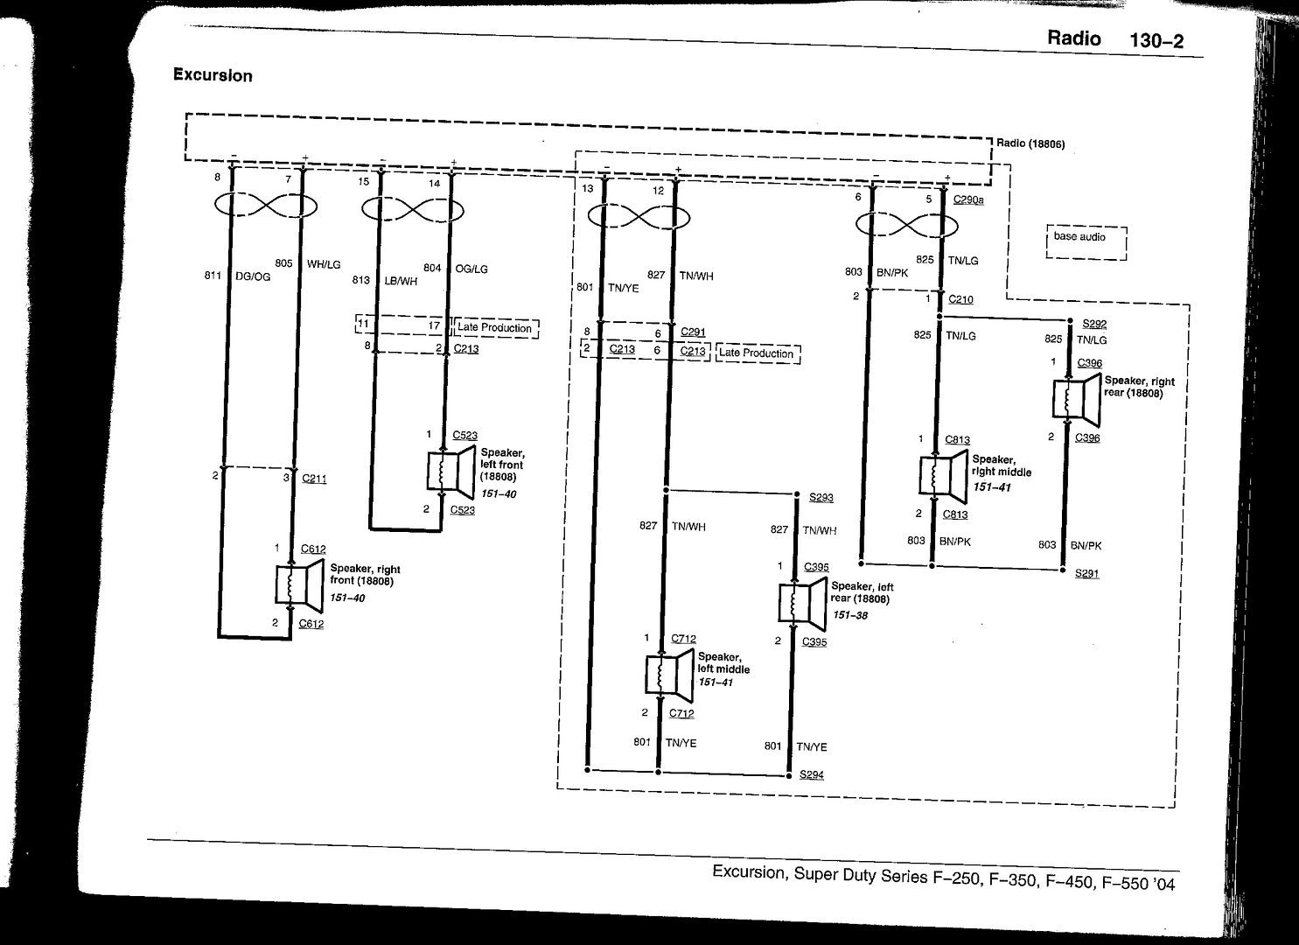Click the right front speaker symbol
point(299,584)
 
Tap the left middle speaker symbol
point(669,675)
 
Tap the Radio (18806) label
point(1030,143)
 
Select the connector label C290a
point(968,199)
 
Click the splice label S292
point(1094,324)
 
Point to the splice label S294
point(811,774)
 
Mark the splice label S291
point(1086,573)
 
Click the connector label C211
point(314,479)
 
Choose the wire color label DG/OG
point(253,276)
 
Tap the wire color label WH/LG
point(324,264)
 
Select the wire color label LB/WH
point(401,282)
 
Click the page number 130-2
point(1156,41)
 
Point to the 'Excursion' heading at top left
point(213,75)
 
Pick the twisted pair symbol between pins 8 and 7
point(266,206)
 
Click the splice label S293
point(821,497)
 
